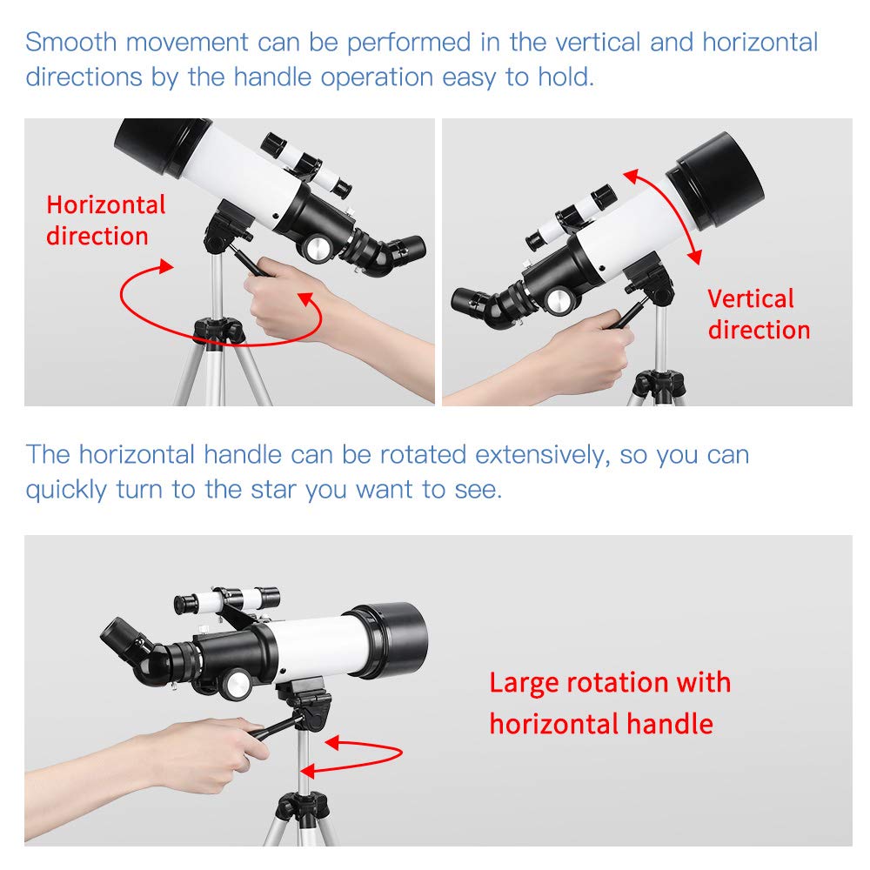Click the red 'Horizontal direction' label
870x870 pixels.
coord(105,220)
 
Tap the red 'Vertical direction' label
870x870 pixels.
coord(758,314)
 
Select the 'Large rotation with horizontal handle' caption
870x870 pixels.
coord(609,703)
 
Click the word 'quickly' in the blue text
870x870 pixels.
coord(66,490)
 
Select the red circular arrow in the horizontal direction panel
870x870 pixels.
coord(217,304)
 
